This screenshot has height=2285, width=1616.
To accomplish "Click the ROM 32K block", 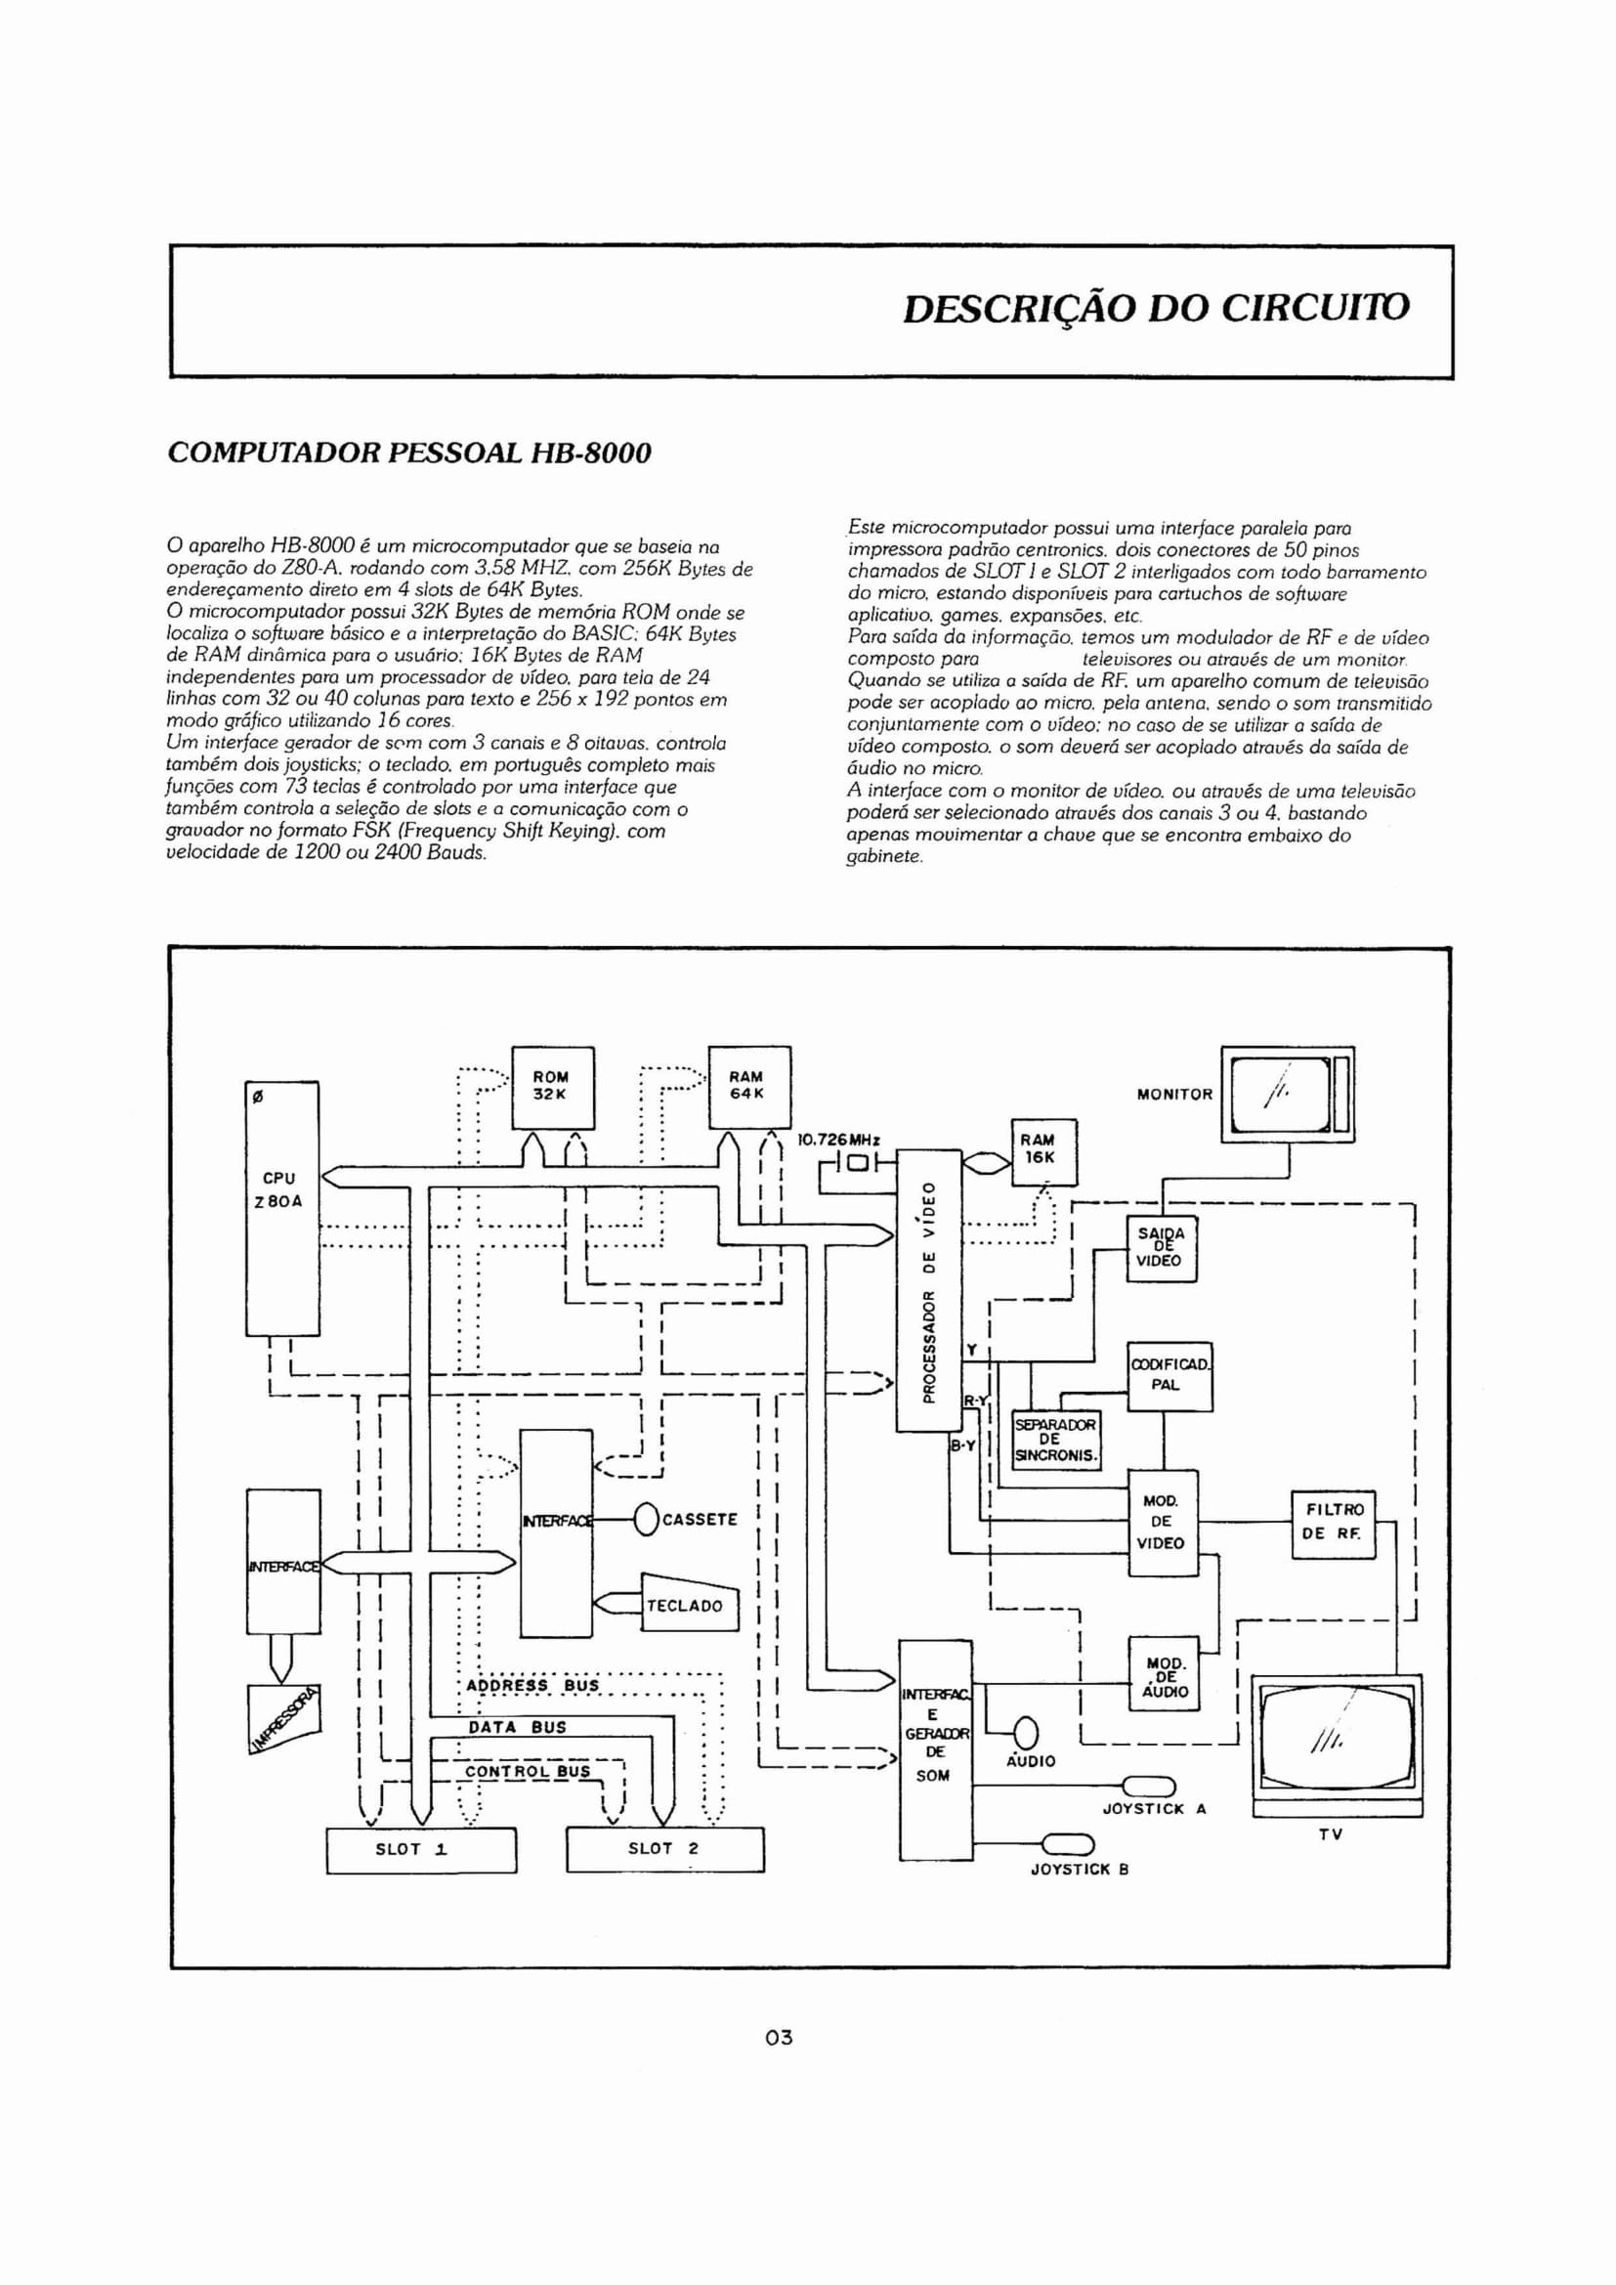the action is point(552,1087).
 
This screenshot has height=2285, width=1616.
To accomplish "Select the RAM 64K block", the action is point(748,1087).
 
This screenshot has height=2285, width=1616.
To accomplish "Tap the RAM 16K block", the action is point(1043,1151).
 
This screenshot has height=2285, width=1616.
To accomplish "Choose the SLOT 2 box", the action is point(663,1849).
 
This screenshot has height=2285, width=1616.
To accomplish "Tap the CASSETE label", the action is point(701,1520).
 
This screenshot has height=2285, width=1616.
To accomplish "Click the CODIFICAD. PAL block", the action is point(1169,1376).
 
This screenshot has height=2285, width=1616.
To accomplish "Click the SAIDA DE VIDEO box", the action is point(1161,1247).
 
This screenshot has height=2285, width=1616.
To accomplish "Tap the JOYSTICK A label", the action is point(1155,1809).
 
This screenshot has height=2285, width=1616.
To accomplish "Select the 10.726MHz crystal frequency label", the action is point(840,1140).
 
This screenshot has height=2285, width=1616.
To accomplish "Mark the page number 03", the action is point(780,2036).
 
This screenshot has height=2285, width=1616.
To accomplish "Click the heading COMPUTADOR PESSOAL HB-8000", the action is point(409,453).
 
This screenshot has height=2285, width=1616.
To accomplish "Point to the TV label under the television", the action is point(1331,1834).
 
